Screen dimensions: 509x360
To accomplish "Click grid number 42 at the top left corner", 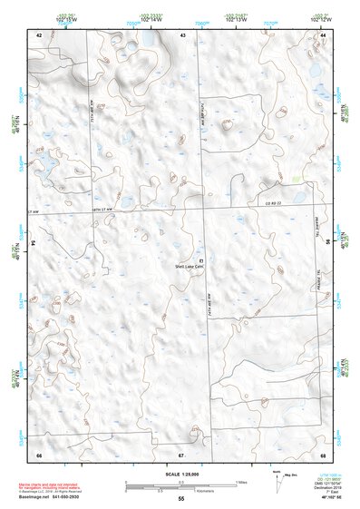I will click(39, 34).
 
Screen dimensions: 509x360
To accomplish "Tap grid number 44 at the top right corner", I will click(323, 34).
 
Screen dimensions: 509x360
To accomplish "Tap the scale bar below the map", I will click(180, 485).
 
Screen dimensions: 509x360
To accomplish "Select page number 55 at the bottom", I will click(181, 499).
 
